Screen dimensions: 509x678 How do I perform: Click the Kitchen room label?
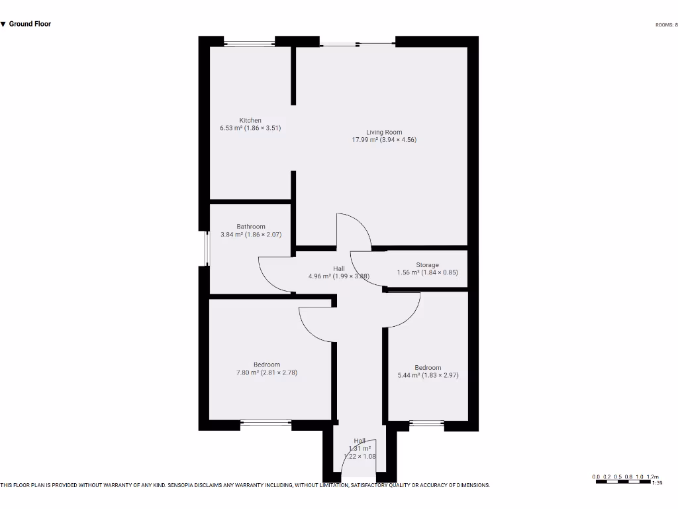click(x=250, y=121)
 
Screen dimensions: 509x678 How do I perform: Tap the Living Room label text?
click(x=384, y=133)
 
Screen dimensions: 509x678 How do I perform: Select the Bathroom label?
click(x=251, y=227)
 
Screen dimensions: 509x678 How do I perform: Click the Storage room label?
click(x=427, y=265)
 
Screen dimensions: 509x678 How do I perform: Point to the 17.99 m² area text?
click(x=384, y=140)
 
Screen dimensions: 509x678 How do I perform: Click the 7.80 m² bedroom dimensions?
click(x=267, y=372)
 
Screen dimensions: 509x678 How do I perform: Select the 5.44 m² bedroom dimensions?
click(x=428, y=375)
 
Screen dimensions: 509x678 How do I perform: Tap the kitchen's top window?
click(x=250, y=44)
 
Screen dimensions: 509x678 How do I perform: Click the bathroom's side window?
click(x=207, y=248)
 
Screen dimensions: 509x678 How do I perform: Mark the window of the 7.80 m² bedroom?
click(x=266, y=422)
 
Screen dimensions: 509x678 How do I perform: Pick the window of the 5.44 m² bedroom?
click(x=427, y=423)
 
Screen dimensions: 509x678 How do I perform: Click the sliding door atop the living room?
click(x=358, y=44)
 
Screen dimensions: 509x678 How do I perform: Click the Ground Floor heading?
click(x=30, y=24)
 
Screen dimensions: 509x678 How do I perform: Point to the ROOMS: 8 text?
click(x=665, y=25)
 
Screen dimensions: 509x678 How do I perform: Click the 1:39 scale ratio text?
click(x=657, y=484)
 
